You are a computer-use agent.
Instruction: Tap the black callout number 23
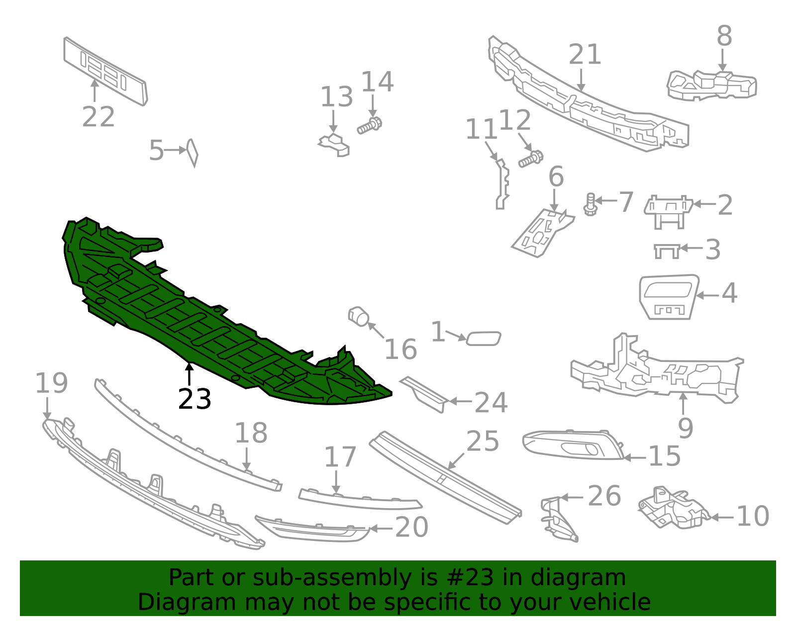pos(195,399)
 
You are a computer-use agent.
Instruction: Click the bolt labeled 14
pos(369,125)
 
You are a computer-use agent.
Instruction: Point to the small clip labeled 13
pos(334,144)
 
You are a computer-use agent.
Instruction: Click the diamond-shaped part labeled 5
pos(192,152)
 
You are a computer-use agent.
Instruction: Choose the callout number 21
pos(585,55)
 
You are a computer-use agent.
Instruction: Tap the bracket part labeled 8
pos(711,85)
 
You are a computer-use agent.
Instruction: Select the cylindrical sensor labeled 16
pos(358,316)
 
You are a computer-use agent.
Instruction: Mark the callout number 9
pos(685,428)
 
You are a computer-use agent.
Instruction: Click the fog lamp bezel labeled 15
pos(572,444)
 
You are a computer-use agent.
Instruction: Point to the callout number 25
pos(483,441)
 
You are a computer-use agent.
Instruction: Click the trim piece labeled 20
pos(313,530)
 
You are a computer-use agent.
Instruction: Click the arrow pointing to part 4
pos(707,295)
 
